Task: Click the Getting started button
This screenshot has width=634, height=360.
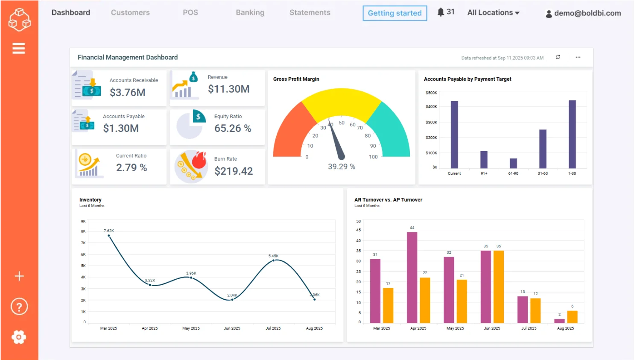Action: tap(394, 13)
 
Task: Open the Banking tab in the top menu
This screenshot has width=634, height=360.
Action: tap(250, 13)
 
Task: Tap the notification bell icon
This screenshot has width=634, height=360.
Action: tap(441, 12)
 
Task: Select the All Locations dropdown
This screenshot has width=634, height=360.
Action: tap(493, 13)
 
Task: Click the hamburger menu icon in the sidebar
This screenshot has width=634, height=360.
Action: tap(19, 49)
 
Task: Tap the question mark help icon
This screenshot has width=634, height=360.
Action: tap(19, 307)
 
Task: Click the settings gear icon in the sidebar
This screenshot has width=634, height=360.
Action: tap(19, 337)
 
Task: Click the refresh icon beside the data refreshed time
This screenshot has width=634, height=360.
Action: tap(558, 57)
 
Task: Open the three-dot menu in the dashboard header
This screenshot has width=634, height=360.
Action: tap(578, 57)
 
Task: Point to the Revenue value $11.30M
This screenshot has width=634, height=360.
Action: tap(228, 89)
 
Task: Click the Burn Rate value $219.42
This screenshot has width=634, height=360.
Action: tap(233, 171)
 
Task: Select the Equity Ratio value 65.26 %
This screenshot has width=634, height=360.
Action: tap(233, 128)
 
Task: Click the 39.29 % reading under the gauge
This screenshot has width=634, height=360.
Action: tap(341, 167)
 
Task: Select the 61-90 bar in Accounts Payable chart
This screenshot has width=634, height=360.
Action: tap(513, 163)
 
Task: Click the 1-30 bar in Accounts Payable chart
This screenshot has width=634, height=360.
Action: tap(572, 134)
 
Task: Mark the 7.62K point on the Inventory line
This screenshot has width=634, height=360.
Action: tap(109, 236)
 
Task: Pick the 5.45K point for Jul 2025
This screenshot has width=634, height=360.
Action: tap(273, 260)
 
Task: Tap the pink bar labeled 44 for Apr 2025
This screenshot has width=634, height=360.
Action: tap(412, 277)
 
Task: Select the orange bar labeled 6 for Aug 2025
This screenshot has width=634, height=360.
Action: tap(572, 316)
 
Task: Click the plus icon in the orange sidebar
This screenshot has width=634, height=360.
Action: tap(19, 276)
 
